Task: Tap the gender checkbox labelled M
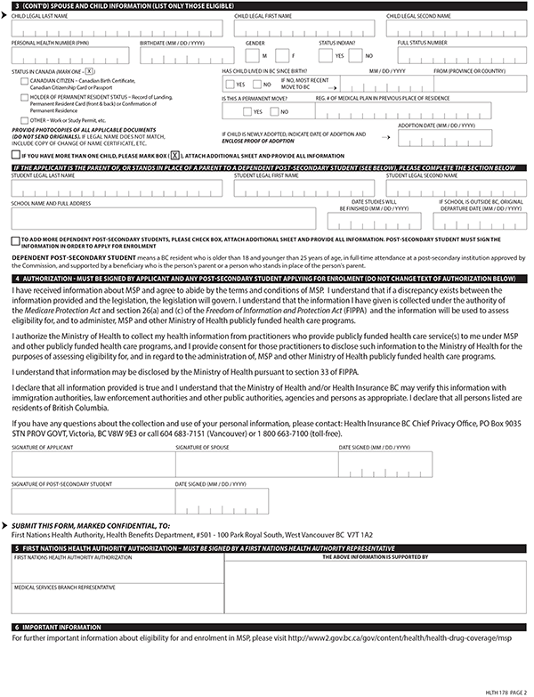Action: point(253,55)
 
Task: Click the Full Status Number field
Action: point(459,55)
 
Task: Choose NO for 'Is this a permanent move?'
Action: point(274,111)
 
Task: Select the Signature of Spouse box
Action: point(255,463)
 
